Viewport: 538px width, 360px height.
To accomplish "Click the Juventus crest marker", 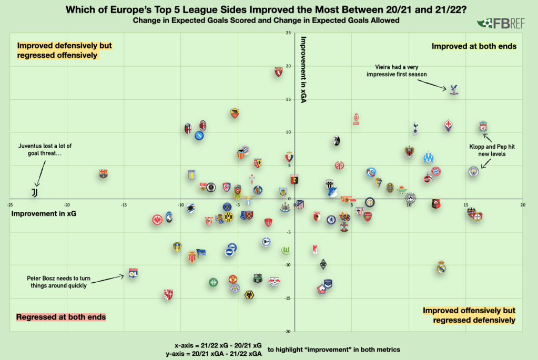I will [34, 193].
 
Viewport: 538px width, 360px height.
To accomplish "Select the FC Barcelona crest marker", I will [103, 173].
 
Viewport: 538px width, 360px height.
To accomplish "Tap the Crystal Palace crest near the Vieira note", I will [454, 89].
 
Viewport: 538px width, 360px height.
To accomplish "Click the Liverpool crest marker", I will [483, 126].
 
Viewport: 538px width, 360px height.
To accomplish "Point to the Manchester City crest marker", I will [473, 172].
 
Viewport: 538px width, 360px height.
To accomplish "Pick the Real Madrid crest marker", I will [441, 268].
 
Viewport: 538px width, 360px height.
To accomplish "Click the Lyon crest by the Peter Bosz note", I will [133, 273].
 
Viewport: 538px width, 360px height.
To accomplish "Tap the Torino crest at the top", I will [279, 73].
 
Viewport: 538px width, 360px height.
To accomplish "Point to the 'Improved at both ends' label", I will [474, 46].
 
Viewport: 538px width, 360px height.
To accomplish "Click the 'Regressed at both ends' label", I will [61, 317].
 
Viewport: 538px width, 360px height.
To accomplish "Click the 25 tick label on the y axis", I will [288, 33].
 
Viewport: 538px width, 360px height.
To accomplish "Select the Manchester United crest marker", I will [234, 279].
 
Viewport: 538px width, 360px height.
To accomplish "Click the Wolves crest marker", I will [249, 295].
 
